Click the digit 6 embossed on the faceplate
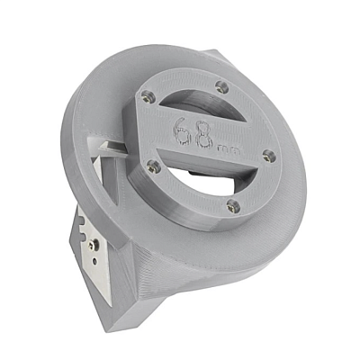pos(183,131)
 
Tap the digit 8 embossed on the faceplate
pos(205,137)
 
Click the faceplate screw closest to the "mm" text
pos(269,157)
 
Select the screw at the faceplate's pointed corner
pos(148,96)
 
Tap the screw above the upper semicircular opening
pos(221,87)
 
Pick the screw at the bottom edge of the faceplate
pos(233,206)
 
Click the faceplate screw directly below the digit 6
pos(154,167)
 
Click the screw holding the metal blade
pos(92,246)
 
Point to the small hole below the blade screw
pos(94,262)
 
